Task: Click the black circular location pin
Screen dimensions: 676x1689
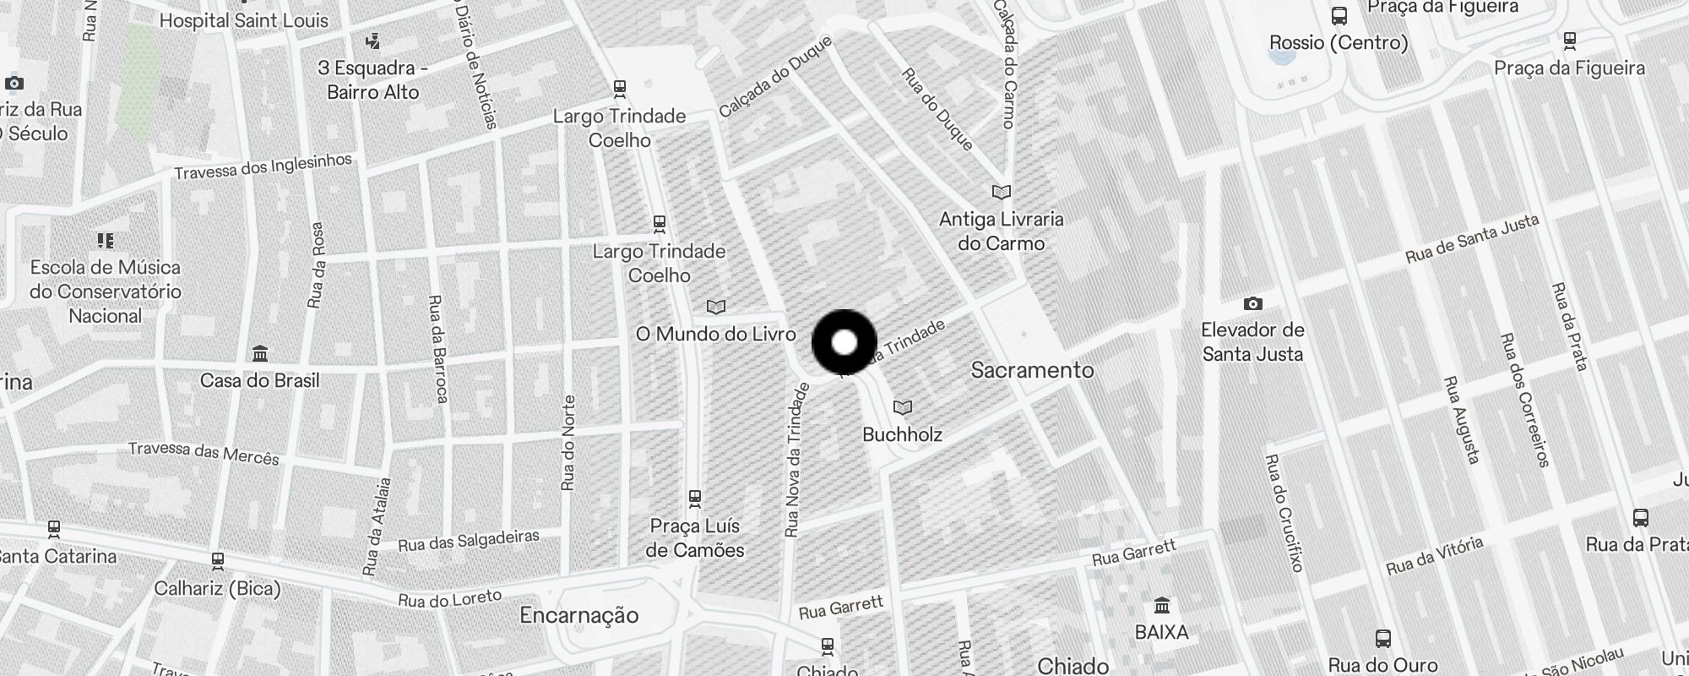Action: point(844,343)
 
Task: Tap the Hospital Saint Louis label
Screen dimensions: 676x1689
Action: point(243,20)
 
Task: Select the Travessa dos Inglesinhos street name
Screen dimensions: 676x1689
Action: point(263,166)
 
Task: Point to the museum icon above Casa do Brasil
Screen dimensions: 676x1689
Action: point(260,353)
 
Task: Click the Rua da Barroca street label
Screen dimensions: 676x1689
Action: point(437,348)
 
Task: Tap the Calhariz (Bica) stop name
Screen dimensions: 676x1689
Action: point(217,587)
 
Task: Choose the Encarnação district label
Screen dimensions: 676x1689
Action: point(579,615)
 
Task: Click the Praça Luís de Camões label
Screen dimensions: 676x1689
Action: point(695,538)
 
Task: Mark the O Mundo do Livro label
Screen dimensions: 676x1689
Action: point(716,334)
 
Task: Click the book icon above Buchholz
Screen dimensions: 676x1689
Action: point(903,408)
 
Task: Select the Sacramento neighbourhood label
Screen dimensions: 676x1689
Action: point(1032,370)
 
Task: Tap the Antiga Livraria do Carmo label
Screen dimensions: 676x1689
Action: point(1002,231)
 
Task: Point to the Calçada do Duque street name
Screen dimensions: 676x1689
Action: point(775,76)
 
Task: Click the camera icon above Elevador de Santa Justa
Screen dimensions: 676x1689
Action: point(1253,303)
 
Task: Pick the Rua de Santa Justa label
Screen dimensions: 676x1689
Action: point(1472,238)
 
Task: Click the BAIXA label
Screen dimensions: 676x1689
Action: point(1162,632)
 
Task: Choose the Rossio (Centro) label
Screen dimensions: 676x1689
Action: point(1339,42)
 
